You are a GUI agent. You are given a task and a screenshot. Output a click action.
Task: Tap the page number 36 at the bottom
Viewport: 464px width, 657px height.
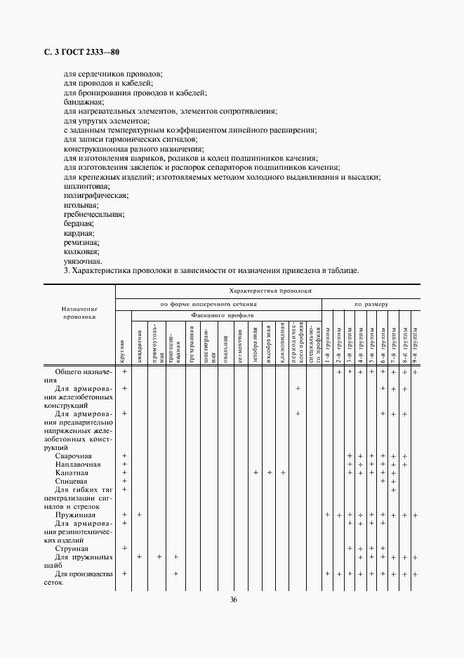232,599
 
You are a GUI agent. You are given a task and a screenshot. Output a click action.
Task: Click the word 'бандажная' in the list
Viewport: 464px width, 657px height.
83,102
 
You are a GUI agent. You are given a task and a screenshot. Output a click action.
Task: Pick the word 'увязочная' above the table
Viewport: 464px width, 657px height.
82,260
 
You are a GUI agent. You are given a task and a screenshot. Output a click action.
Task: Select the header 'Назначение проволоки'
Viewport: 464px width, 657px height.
79,313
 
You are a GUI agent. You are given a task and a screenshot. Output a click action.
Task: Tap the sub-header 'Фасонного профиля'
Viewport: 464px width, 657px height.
218,315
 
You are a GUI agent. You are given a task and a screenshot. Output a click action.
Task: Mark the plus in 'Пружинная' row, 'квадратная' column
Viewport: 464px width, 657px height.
139,515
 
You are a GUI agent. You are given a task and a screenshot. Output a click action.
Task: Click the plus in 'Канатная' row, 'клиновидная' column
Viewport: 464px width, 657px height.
283,472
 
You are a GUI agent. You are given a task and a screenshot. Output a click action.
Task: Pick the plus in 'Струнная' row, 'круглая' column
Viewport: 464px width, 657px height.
124,548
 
